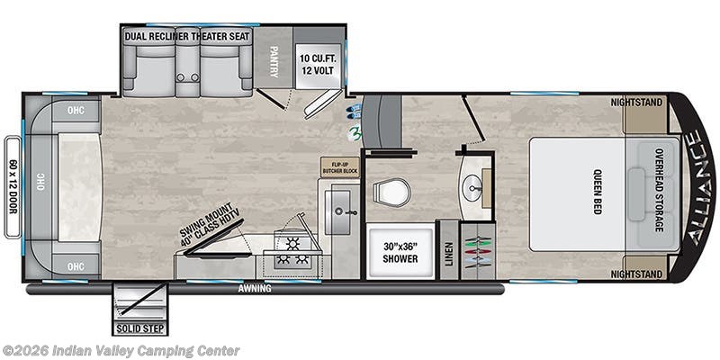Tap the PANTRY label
274,58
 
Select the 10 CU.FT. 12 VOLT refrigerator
318,59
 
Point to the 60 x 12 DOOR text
13,185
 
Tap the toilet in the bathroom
392,191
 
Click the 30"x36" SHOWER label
399,253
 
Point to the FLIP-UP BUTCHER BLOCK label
339,166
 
